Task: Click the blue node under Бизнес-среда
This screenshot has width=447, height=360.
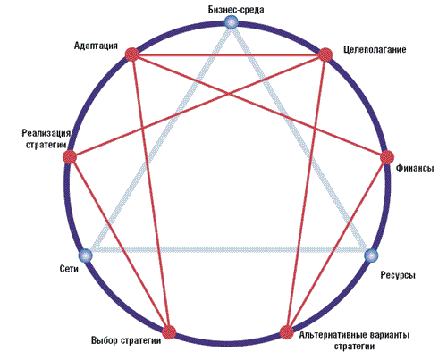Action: tap(232, 22)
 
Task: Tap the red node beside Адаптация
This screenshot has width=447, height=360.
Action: tap(132, 54)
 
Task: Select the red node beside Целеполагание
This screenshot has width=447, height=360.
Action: tap(325, 55)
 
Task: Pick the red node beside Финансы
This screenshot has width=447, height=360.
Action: tap(387, 157)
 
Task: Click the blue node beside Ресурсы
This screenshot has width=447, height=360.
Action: tap(372, 255)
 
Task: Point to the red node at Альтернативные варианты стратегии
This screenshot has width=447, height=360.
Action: tap(287, 332)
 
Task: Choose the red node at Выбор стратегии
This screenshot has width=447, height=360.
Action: tap(169, 332)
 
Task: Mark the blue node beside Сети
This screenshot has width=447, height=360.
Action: tap(86, 255)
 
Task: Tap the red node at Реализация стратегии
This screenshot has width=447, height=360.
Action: tap(70, 157)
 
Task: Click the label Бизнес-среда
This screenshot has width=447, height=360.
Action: tap(236, 10)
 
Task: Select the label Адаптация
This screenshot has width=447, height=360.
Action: tap(96, 46)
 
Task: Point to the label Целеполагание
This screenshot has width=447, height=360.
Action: tap(375, 49)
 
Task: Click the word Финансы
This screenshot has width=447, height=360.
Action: tap(415, 168)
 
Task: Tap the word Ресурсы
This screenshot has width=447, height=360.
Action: tap(398, 275)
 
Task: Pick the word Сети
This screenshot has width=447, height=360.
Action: tap(69, 269)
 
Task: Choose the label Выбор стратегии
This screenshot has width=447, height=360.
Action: tap(126, 340)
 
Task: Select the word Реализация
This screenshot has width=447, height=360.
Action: tap(46, 133)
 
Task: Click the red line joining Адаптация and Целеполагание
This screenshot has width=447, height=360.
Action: tap(229, 54)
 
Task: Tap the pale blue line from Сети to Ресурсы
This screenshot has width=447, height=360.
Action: tap(229, 249)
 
